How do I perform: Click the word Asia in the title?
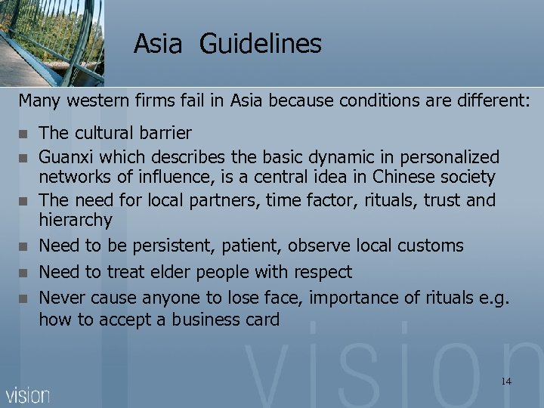pos(158,44)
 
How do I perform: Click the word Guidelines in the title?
pos(261,44)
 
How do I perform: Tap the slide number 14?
pos(505,382)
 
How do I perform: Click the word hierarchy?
pos(75,221)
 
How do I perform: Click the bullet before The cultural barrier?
pos(24,134)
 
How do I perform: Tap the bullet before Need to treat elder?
pos(24,272)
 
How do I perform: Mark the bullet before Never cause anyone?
pos(24,298)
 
